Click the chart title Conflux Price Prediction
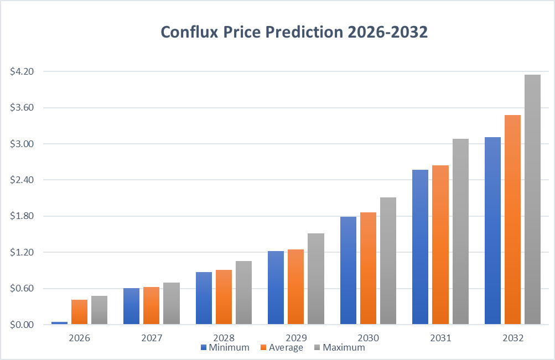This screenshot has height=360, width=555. point(294,32)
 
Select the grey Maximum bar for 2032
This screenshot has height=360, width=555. point(532,199)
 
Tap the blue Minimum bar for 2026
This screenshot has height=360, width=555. point(59,322)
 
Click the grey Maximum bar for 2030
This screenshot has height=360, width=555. point(388,260)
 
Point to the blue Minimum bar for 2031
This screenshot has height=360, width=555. point(420,247)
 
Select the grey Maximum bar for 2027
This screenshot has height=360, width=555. point(172,303)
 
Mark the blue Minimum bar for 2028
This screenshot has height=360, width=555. point(204,298)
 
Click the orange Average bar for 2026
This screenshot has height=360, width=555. point(79,312)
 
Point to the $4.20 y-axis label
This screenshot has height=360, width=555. point(22,72)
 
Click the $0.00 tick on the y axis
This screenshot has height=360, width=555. point(22,325)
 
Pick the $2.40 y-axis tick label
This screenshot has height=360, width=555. point(22,180)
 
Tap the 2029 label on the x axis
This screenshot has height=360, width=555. point(295,337)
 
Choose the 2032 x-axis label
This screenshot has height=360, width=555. point(512,337)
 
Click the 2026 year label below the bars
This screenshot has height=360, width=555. point(79,337)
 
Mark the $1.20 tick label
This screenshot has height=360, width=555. point(22,252)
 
